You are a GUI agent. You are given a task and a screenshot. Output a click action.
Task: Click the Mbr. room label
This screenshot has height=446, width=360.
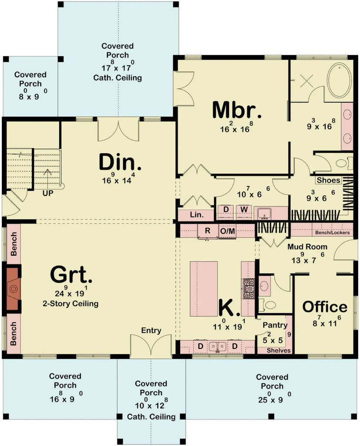237,110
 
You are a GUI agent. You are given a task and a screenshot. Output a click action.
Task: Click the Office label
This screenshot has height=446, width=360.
325,307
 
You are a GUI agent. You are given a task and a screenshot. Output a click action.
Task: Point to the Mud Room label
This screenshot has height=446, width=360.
307,247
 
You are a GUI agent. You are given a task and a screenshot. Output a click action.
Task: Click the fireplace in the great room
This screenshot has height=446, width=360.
13,288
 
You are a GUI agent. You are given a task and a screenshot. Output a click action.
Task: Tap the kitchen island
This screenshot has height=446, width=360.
204,289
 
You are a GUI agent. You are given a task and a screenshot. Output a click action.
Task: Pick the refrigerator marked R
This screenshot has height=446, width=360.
208,231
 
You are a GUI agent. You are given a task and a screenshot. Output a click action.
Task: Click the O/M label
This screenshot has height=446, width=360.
227,231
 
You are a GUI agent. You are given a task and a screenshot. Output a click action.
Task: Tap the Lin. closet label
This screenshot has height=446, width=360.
195,215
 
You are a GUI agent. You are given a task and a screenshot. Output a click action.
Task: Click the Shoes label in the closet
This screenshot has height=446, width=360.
328,180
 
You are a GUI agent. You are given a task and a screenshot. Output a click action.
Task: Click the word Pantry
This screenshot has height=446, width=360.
275,325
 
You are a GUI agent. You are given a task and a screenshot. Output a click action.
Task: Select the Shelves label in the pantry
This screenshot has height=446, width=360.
278,350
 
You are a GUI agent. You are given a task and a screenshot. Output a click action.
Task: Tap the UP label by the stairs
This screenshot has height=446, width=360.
47,193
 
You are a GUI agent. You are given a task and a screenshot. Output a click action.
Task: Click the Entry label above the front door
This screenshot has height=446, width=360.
151,330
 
